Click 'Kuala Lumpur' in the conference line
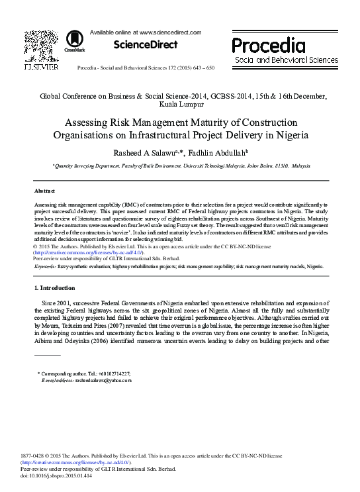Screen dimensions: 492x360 pyautogui.click(x=180, y=104)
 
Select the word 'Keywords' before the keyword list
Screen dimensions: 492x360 pyautogui.click(x=44, y=266)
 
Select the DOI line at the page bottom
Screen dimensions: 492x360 pyautogui.click(x=53, y=475)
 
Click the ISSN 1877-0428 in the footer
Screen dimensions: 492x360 pyautogui.click(x=34, y=457)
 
